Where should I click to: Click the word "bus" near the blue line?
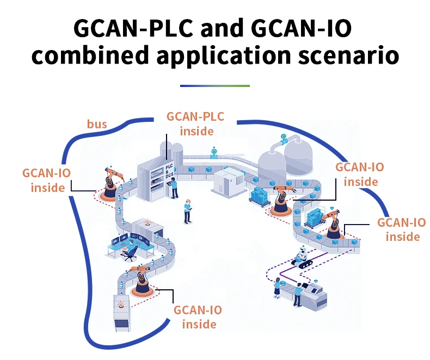click(97, 125)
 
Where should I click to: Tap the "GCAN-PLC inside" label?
click(195, 123)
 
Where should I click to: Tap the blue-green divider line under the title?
click(214, 86)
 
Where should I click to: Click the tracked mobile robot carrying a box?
click(303, 257)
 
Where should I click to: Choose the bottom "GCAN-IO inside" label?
click(198, 316)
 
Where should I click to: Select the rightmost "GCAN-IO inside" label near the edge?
click(402, 229)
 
